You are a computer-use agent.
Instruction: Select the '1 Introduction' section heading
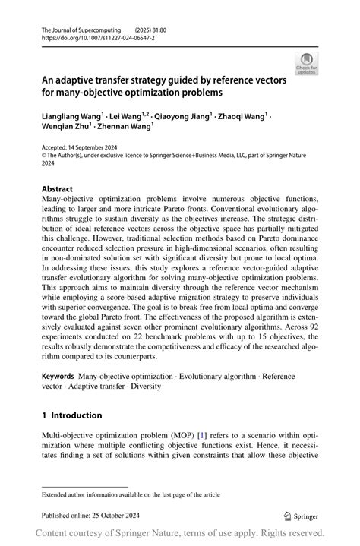(72, 415)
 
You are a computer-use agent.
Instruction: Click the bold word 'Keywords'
(58, 375)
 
